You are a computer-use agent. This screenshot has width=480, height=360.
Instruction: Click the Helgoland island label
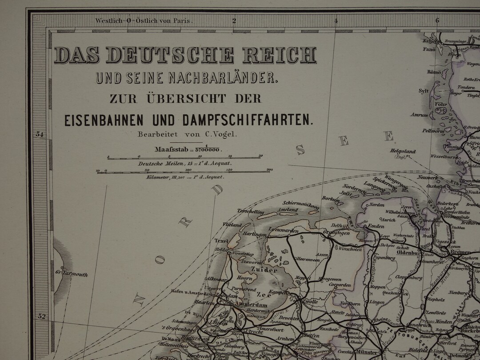[403, 152]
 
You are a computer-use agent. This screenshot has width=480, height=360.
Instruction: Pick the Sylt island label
[422, 91]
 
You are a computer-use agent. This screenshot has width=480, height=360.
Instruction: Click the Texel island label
[221, 241]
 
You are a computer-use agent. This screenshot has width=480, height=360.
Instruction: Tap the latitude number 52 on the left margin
[41, 316]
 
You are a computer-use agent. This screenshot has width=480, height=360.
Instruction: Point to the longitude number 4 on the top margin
[336, 20]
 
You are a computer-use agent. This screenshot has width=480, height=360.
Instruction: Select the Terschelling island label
[251, 212]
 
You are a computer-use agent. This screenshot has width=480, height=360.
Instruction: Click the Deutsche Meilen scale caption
[185, 164]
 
